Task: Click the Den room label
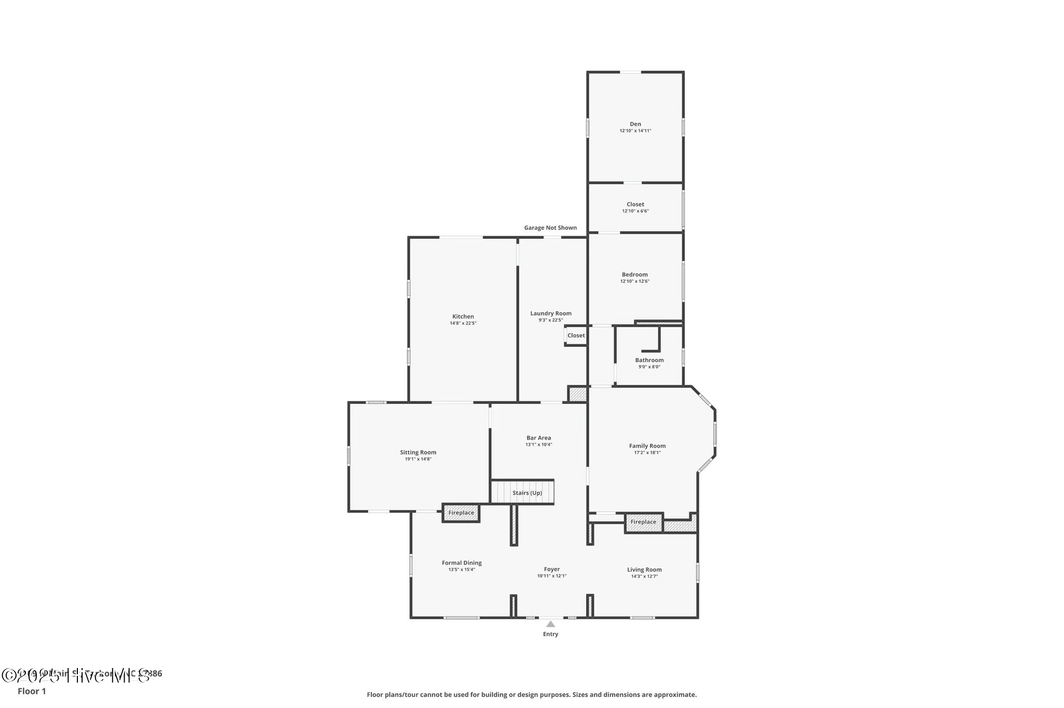[x=635, y=124]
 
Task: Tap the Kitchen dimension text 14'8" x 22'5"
[x=463, y=323]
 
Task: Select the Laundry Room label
[x=551, y=314]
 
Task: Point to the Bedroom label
[x=634, y=275]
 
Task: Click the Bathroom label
[x=649, y=360]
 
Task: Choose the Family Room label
[x=647, y=446]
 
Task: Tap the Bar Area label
[x=538, y=438]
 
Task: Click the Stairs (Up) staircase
[x=523, y=492]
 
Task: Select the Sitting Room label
[x=418, y=453]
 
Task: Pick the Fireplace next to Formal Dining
[x=461, y=513]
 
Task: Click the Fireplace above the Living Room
[x=643, y=522]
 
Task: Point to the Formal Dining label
[x=461, y=563]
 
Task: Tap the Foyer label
[x=551, y=569]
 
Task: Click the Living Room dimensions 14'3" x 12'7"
[x=644, y=576]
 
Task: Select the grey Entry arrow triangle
[x=550, y=624]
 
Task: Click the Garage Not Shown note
[x=550, y=228]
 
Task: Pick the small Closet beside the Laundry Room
[x=576, y=335]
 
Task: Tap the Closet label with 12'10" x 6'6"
[x=635, y=205]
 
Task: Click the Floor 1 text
[x=32, y=691]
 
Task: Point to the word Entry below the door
[x=550, y=634]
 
